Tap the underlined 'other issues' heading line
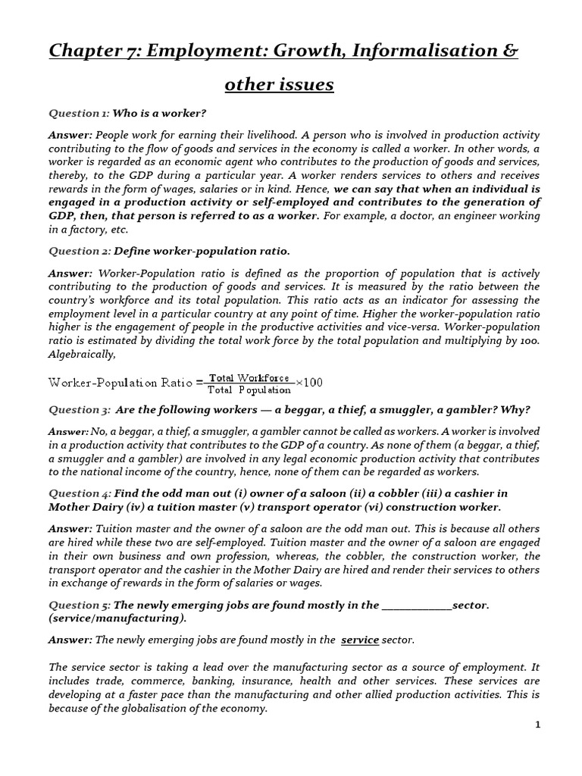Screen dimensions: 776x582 [x=279, y=84]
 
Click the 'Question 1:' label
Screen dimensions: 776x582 [x=79, y=113]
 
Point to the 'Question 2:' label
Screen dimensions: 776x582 [x=80, y=251]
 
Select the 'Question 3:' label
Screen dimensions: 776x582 [x=80, y=409]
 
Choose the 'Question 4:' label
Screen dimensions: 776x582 [x=80, y=493]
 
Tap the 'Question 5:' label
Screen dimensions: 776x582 [x=80, y=605]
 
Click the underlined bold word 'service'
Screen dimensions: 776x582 [x=360, y=640]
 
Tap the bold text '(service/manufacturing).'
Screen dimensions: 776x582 [x=117, y=618]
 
